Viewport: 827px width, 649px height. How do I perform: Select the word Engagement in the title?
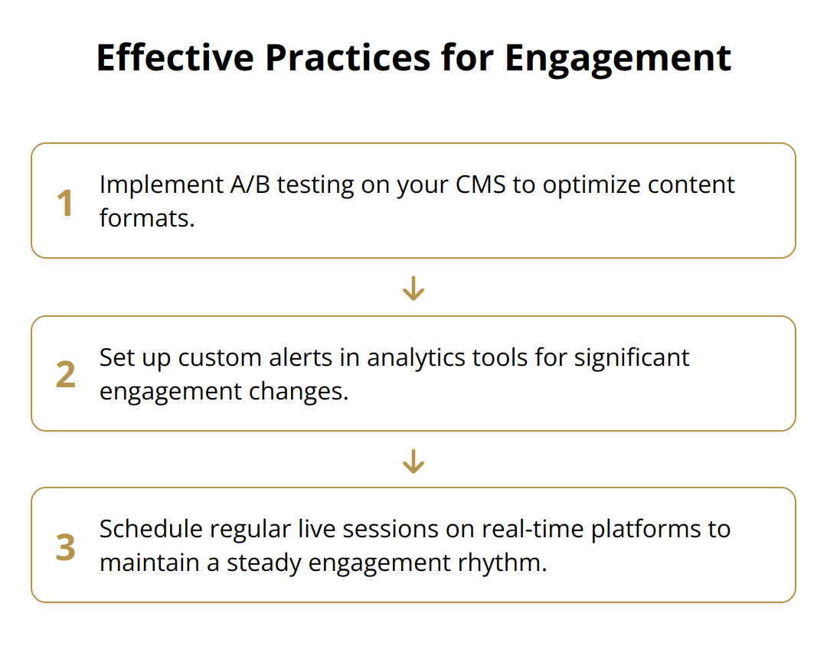(618, 58)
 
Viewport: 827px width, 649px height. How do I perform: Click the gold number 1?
(66, 203)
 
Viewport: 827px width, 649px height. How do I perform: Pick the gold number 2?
(66, 375)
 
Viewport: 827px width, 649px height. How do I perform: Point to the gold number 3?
(66, 547)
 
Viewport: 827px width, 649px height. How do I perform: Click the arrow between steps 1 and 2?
(413, 289)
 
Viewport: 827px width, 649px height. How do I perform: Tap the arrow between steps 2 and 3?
(413, 461)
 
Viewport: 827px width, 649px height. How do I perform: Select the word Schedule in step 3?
(151, 530)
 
